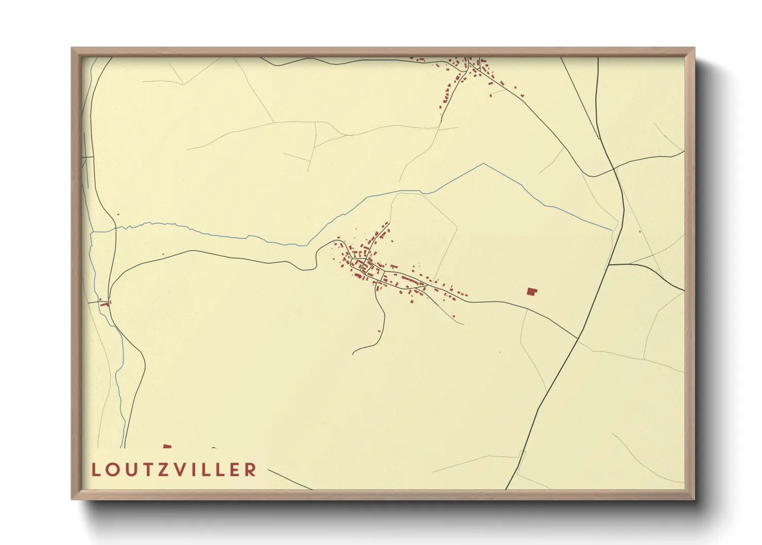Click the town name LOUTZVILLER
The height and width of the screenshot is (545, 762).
point(174,470)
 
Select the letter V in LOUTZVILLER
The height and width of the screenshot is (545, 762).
point(177,470)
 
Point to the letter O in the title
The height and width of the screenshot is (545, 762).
point(111,470)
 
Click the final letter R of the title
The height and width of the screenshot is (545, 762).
point(250,470)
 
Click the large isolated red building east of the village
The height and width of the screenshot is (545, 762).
point(531,292)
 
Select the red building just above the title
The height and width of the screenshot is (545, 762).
point(167,446)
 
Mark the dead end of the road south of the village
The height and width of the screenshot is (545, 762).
point(353,354)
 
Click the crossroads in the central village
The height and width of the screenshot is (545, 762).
point(365,266)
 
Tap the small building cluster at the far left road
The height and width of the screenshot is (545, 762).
point(105,303)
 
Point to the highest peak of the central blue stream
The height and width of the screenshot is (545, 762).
point(483,164)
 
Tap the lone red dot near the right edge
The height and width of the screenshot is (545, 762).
point(639,231)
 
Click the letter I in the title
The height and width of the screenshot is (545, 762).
point(192,470)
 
